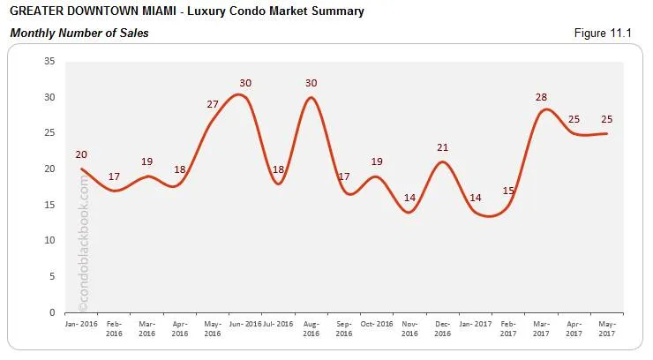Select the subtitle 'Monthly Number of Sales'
click(x=79, y=34)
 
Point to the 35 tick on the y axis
click(x=49, y=61)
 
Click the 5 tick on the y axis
click(x=52, y=276)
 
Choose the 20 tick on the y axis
click(x=49, y=169)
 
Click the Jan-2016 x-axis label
click(x=81, y=323)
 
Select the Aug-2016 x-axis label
click(x=311, y=328)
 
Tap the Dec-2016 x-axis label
click(x=442, y=328)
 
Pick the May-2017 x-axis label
click(x=606, y=328)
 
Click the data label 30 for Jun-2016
click(x=245, y=83)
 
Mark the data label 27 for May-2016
click(x=213, y=104)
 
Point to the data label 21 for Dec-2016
click(x=443, y=147)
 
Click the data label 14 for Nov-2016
click(x=409, y=198)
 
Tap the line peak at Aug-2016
click(x=311, y=97)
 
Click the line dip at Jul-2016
click(x=278, y=184)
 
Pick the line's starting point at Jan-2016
click(x=81, y=169)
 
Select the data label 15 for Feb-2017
click(x=509, y=191)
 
